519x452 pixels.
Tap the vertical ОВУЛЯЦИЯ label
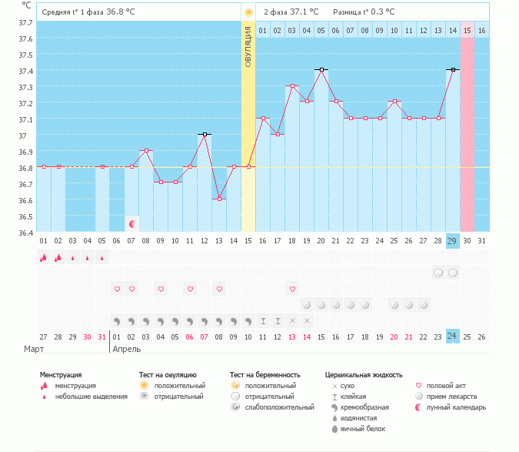click(x=248, y=46)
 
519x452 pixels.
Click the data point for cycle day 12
click(x=204, y=134)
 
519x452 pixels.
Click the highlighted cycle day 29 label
click(x=452, y=241)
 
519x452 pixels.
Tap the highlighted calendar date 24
click(x=452, y=336)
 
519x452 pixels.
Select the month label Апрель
click(x=128, y=349)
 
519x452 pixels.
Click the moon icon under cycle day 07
click(x=132, y=224)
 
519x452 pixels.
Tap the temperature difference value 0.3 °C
click(x=380, y=12)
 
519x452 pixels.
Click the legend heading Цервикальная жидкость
click(x=364, y=375)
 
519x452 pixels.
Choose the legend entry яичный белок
click(x=362, y=428)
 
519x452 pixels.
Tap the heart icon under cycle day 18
click(x=292, y=289)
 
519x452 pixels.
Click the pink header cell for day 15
click(x=467, y=30)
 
